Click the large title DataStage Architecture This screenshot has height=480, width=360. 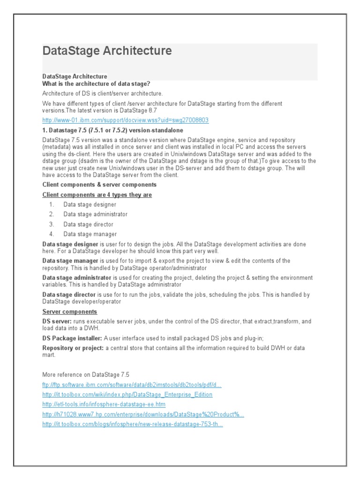[107, 51]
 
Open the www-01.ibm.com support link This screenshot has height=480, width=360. [125, 120]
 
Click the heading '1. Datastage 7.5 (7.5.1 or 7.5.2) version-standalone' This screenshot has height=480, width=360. [112, 130]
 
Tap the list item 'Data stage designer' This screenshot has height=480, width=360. [90, 204]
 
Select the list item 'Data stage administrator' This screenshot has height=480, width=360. [96, 214]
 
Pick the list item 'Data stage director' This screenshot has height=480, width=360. [89, 225]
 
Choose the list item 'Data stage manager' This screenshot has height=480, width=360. [90, 234]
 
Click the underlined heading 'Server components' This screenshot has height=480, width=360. [70, 312]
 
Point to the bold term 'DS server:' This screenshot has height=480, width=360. [57, 322]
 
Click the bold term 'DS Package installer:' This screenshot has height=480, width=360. [72, 338]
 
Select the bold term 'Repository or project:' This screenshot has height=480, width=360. [73, 348]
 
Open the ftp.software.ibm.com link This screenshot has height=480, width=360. [132, 385]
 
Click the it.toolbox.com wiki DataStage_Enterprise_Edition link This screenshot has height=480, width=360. [127, 395]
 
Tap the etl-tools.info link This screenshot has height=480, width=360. [104, 404]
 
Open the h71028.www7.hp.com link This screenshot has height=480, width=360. [143, 414]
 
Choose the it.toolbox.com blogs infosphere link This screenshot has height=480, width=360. [132, 424]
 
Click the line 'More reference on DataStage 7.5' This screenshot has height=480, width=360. [86, 375]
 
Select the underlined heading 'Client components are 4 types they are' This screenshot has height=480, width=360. [97, 195]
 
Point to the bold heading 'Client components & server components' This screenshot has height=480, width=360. [99, 185]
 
